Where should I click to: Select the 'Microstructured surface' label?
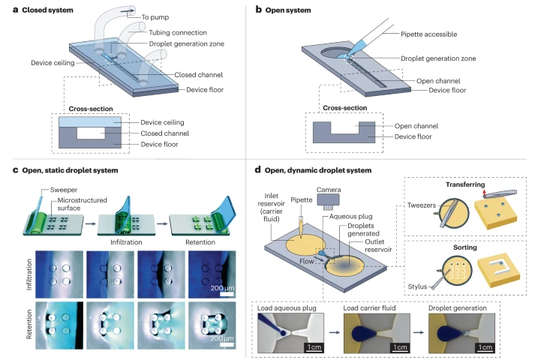pos(65,205)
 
